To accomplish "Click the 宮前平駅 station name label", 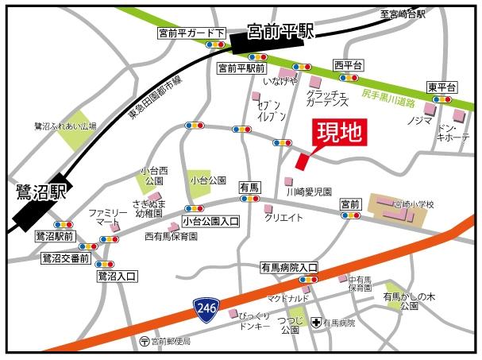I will (281, 31).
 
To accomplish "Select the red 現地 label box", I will (339, 134).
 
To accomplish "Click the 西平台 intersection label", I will (348, 64).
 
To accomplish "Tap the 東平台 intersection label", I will (442, 87).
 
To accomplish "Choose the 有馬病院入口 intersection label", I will (289, 268).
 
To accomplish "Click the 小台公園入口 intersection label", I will (210, 221).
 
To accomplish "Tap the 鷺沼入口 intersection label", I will (117, 276).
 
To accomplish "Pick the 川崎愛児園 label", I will (308, 192).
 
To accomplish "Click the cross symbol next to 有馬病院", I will (316, 323).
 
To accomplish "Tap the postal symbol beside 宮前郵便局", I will (144, 342).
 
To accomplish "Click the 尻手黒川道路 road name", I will (387, 99).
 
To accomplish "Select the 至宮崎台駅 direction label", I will (403, 13).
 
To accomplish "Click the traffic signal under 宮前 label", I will (349, 215).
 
